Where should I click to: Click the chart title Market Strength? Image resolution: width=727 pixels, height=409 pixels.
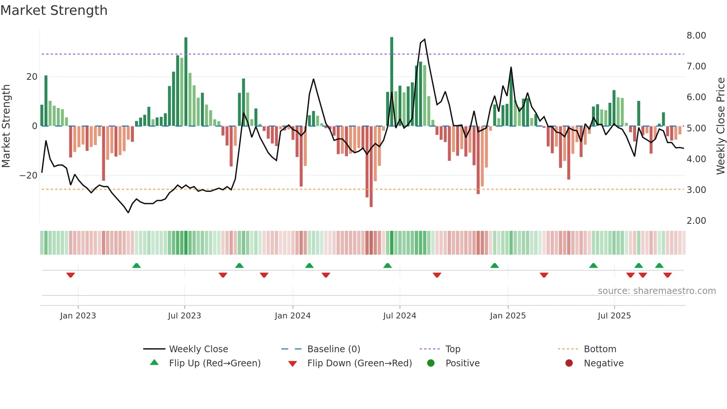point(54,10)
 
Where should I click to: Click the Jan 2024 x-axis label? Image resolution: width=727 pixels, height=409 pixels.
point(292,316)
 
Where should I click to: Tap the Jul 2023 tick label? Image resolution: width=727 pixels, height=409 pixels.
point(184,316)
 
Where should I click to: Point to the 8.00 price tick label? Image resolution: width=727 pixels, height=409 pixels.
point(696,36)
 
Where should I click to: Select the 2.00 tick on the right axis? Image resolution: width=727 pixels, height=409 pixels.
point(696,221)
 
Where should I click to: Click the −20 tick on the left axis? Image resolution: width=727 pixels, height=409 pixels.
point(29,176)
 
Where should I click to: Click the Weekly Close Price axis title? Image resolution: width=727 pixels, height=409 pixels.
point(720,126)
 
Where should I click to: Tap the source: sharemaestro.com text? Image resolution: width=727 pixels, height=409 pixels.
point(657,291)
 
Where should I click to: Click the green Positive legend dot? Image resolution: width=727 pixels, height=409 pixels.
point(431,363)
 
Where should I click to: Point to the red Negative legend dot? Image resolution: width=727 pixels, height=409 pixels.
point(569,363)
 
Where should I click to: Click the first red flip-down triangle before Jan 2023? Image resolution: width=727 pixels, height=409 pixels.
point(70,275)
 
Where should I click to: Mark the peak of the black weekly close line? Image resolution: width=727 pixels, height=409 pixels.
point(424,39)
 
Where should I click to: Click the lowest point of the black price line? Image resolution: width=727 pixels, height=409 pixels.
point(128,213)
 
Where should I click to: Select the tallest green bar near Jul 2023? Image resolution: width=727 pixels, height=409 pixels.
point(186,82)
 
